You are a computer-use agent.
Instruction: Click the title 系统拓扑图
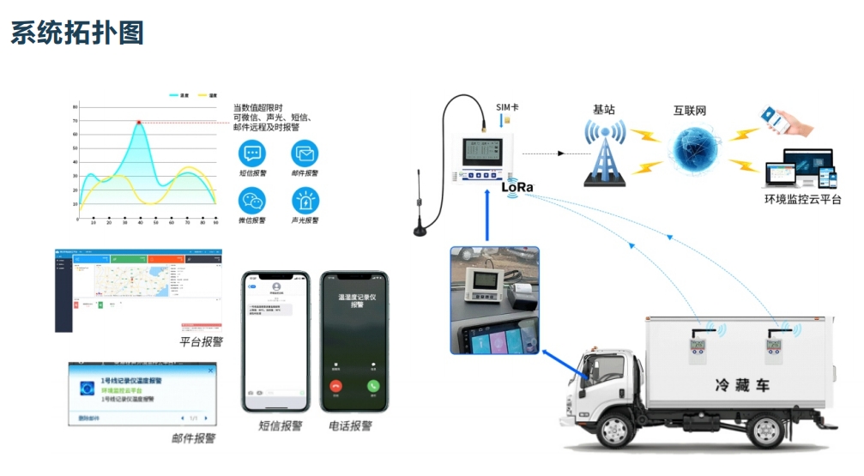[x=77, y=33]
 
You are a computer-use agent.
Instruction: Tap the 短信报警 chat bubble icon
[x=252, y=154]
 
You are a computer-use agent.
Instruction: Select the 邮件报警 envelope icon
[x=305, y=154]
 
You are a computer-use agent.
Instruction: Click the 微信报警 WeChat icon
[x=252, y=201]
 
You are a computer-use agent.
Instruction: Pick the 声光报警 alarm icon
[x=305, y=201]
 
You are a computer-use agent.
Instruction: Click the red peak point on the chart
[x=138, y=123]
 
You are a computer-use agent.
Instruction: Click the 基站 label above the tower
[x=604, y=110]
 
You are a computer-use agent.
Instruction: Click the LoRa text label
[x=517, y=186]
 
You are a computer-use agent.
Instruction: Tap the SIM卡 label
[x=506, y=107]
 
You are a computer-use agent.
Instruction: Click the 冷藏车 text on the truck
[x=741, y=385]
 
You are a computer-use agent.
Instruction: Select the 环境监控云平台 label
[x=802, y=200]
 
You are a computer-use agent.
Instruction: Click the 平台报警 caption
[x=201, y=341]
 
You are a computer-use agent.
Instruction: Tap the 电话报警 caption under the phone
[x=351, y=425]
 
